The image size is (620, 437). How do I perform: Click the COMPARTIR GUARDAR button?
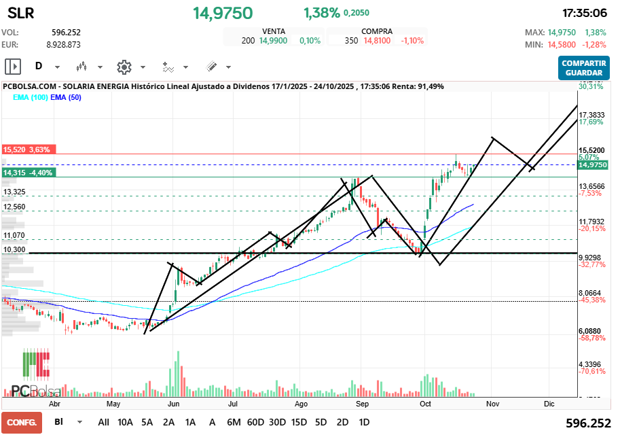[x=583, y=68]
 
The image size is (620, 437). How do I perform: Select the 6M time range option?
[x=234, y=421]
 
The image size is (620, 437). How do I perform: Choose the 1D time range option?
[x=364, y=421]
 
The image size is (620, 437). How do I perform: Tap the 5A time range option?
[x=147, y=421]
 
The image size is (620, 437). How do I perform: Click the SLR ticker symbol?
[x=21, y=13]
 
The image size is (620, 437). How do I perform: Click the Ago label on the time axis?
[x=302, y=403]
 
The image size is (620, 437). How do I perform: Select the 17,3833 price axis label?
[x=592, y=115]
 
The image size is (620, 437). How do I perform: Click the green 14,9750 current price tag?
[x=593, y=164]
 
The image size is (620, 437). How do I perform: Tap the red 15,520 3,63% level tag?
[x=26, y=150]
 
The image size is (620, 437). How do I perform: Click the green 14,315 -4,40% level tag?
[x=29, y=173]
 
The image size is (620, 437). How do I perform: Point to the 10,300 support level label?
[x=14, y=250]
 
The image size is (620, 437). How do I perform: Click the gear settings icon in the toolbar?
[x=124, y=67]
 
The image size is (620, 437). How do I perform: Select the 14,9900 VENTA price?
[x=273, y=41]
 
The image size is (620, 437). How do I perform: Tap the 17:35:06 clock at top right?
[x=585, y=13]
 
